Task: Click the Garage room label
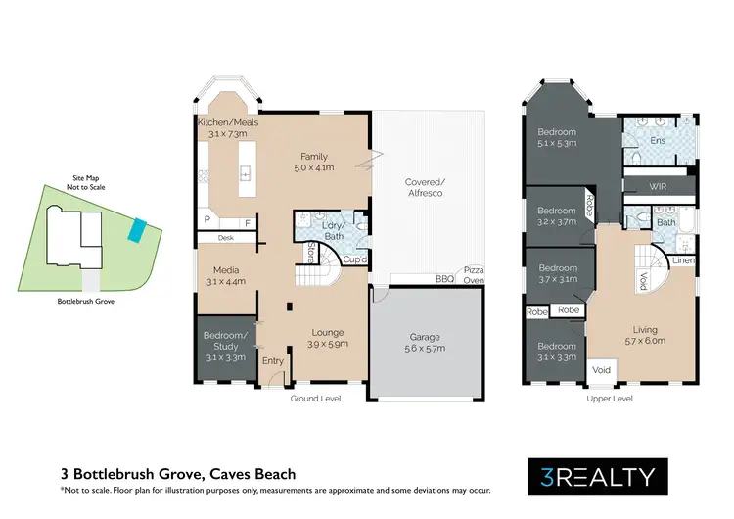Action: pyautogui.click(x=426, y=341)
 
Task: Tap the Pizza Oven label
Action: pyautogui.click(x=474, y=273)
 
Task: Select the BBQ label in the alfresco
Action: pyautogui.click(x=443, y=278)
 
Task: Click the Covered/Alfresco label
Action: pyautogui.click(x=426, y=187)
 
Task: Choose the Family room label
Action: pyautogui.click(x=313, y=162)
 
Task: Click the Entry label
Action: pyautogui.click(x=272, y=360)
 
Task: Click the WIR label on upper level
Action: pyautogui.click(x=659, y=186)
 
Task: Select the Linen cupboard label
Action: pyautogui.click(x=683, y=261)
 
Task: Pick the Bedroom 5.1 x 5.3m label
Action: pyautogui.click(x=556, y=138)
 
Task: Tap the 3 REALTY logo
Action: pyautogui.click(x=597, y=477)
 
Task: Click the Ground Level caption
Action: pyautogui.click(x=315, y=399)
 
